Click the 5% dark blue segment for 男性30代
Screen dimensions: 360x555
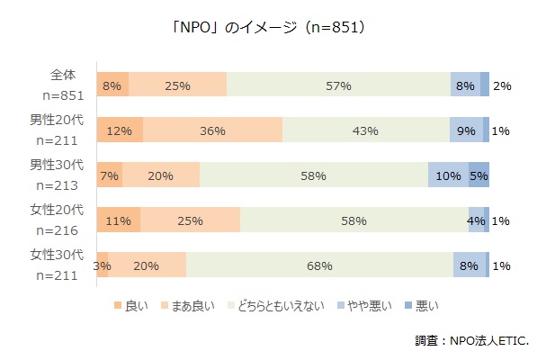pos(479,175)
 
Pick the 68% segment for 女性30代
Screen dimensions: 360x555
pos(319,265)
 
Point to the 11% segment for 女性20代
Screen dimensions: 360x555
pos(118,220)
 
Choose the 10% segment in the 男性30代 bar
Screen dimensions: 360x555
pos(447,175)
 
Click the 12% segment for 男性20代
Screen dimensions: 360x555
pos(119,130)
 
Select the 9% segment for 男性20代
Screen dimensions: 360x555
pos(466,130)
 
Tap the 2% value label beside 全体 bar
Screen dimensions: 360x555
pos(502,86)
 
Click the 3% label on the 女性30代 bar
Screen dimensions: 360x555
pos(102,265)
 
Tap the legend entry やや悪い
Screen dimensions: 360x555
pos(366,307)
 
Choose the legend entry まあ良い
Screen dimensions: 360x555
pos(191,307)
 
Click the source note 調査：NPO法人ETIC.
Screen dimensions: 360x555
pos(471,341)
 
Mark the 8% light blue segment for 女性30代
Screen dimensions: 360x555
pos(469,265)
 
